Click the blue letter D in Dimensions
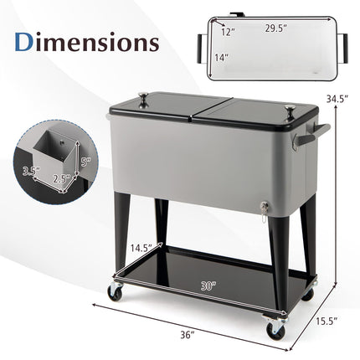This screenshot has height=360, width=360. pos(23,42)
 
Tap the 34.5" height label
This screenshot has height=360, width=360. pos(337,98)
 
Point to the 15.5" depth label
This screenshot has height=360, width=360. pos(327,321)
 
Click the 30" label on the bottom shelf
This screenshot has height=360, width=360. pos(208,285)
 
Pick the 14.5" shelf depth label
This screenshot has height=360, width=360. pos(141,248)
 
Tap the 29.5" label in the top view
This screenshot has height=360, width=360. pos(276,28)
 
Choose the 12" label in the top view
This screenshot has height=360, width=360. pos(228,32)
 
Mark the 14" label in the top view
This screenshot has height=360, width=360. pos(222,58)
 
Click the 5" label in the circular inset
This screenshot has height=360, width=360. pos(85,162)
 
